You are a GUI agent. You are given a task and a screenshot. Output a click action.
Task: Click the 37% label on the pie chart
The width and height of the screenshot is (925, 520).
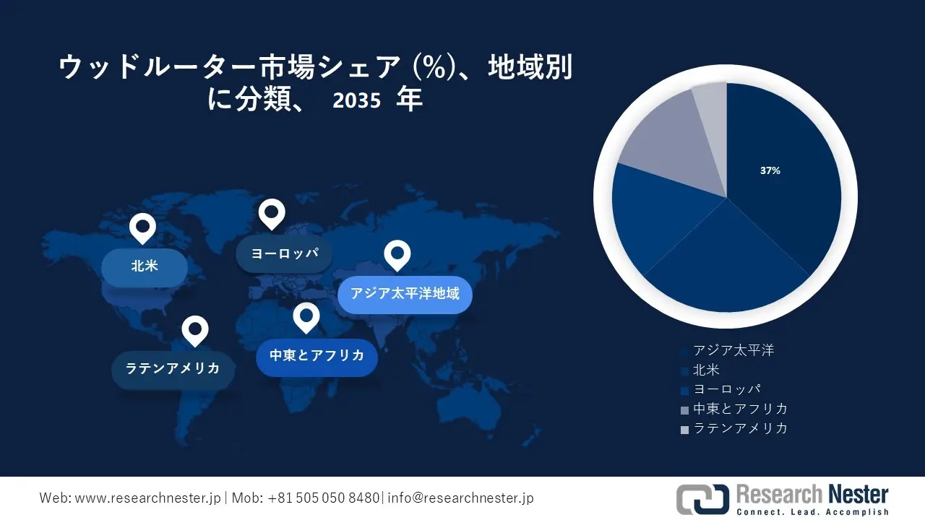click(x=770, y=171)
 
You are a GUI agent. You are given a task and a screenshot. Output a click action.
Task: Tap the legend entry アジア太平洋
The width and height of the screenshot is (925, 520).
click(x=733, y=350)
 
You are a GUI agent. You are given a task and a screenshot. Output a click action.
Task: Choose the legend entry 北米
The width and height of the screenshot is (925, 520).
click(x=706, y=370)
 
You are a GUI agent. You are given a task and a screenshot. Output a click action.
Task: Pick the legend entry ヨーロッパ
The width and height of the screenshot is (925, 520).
click(x=726, y=389)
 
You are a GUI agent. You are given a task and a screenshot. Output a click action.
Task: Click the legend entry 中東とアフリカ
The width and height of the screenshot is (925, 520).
click(x=740, y=409)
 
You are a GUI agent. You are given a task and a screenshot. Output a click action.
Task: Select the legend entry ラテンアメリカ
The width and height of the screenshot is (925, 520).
click(x=740, y=428)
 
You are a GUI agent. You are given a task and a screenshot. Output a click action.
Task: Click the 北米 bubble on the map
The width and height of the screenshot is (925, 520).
click(x=145, y=266)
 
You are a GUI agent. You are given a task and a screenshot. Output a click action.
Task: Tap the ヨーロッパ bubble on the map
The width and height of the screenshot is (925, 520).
click(x=281, y=253)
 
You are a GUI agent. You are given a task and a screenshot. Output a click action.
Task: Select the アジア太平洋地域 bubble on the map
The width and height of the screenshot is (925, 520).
click(x=405, y=294)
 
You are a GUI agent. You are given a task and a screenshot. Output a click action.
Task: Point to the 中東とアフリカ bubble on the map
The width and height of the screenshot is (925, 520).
click(x=317, y=356)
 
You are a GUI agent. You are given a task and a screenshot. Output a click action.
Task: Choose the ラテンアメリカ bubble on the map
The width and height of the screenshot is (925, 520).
click(x=173, y=369)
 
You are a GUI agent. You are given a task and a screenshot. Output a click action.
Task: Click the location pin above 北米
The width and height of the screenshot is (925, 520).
click(x=143, y=227)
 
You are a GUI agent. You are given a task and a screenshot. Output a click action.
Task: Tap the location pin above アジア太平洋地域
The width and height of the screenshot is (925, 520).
click(x=397, y=254)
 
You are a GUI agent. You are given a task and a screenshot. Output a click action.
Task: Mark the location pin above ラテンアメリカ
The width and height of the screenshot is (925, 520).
click(x=194, y=330)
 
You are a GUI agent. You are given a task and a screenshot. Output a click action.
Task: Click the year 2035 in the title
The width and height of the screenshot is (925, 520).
click(x=356, y=101)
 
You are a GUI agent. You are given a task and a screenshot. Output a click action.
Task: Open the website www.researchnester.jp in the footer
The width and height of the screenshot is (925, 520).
click(x=149, y=498)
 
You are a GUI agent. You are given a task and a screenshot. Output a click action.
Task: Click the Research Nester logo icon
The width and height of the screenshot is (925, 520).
click(x=702, y=499)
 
